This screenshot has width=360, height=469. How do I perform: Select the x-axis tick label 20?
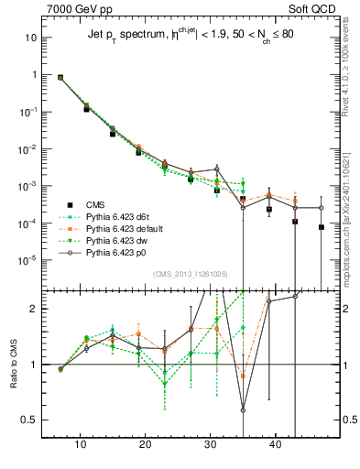tap(145, 443)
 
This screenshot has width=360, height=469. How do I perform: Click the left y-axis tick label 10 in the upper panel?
tap(30, 38)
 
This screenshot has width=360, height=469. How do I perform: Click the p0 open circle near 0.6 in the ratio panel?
tap(243, 409)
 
